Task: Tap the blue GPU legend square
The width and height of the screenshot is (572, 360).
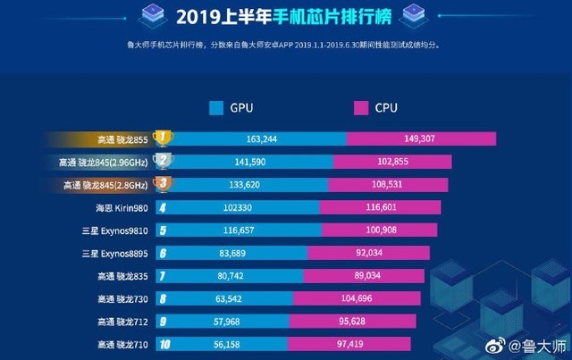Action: pos(215,109)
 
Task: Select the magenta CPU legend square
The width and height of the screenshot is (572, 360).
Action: pos(361,109)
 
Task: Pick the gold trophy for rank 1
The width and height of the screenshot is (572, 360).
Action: pos(162,138)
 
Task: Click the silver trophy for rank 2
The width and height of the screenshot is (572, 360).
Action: pos(162,161)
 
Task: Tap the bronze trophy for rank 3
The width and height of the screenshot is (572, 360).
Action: pos(162,184)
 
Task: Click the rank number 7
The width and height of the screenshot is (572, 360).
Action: pos(162,276)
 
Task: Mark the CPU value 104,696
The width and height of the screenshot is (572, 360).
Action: pos(374,298)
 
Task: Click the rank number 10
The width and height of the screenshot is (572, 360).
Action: pos(162,344)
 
